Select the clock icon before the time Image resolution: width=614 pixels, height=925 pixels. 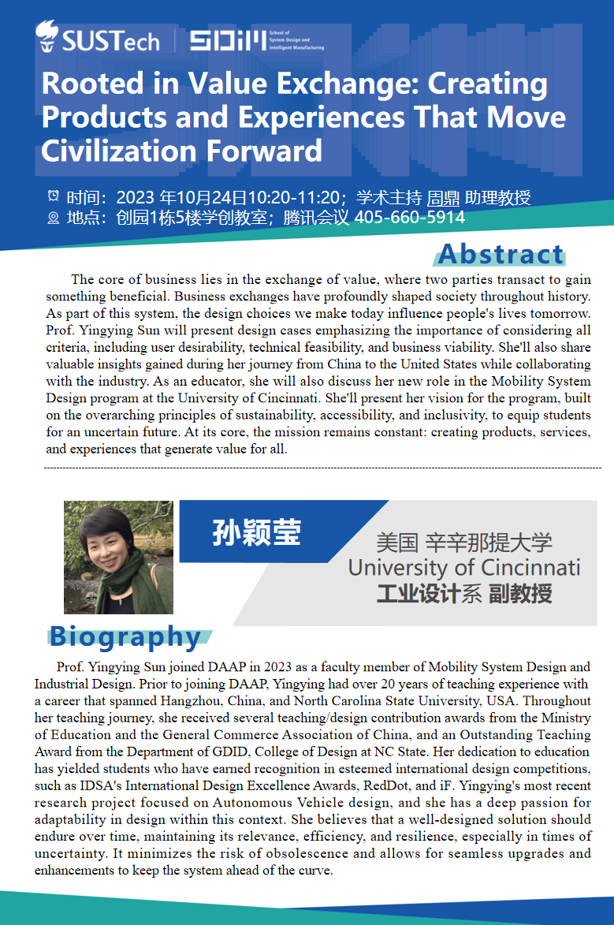54,196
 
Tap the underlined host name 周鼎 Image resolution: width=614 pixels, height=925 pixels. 444,196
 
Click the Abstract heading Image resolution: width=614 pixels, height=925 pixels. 501,254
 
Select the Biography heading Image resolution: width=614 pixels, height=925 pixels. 125,636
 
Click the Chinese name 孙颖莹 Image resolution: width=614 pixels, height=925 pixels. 256,534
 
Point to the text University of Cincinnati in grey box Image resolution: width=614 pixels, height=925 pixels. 464,568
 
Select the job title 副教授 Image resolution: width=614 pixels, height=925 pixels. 520,593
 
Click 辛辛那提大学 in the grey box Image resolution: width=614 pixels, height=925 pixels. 489,543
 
